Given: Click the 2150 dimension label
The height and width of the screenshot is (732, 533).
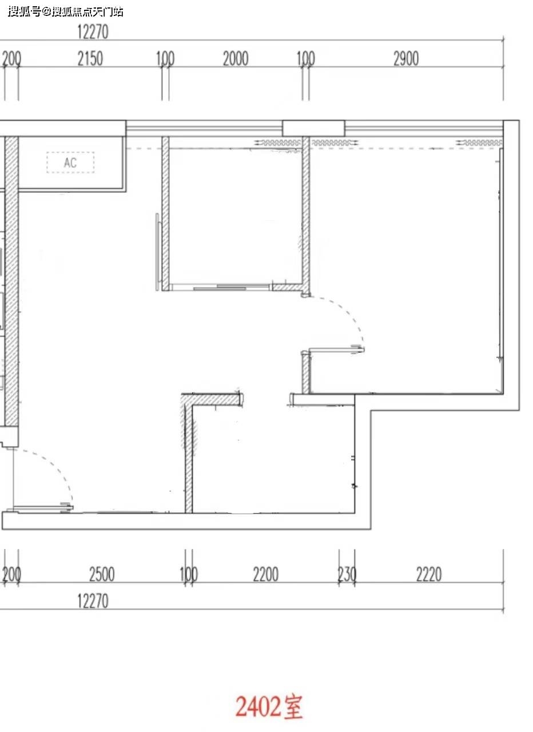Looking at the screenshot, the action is [x=90, y=59].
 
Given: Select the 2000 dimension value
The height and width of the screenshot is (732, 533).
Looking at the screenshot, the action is [x=236, y=59].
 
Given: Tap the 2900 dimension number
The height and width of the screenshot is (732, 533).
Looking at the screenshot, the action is [x=406, y=59].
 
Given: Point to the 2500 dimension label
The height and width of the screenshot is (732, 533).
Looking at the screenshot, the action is [x=102, y=574].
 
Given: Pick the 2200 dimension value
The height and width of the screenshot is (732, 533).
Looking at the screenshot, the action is [x=266, y=574].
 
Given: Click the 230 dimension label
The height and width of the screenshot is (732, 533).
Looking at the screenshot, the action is [x=347, y=574].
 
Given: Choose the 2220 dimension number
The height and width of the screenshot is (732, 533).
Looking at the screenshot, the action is [x=429, y=574].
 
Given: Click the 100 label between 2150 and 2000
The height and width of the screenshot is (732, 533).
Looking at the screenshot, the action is [x=165, y=59].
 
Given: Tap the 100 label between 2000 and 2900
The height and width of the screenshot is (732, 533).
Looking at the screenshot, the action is [x=305, y=59].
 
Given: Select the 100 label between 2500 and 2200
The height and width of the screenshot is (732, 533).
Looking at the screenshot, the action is [x=189, y=574].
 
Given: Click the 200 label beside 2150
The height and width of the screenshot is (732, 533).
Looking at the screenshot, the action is [x=11, y=59].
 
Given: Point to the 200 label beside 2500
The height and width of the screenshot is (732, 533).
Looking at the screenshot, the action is [x=11, y=574].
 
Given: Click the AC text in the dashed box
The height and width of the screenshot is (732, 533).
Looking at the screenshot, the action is [x=70, y=162].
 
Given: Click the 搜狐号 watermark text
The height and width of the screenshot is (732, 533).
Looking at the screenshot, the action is [x=25, y=12].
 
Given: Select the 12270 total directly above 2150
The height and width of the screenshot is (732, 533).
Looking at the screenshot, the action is [x=93, y=32].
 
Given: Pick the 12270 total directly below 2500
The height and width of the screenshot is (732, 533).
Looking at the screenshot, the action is [x=93, y=601].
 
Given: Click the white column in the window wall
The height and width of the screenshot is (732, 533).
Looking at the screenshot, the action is [x=313, y=128].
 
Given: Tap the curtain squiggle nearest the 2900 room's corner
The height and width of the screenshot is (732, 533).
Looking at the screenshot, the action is [x=479, y=143].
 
